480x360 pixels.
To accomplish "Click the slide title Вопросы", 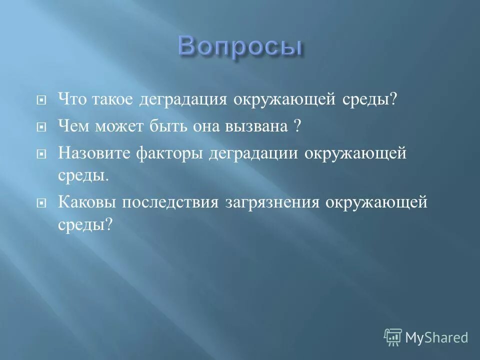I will pyautogui.click(x=240, y=47).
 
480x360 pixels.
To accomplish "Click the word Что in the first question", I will pyautogui.click(x=74, y=99).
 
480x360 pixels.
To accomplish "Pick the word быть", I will pyautogui.click(x=167, y=126).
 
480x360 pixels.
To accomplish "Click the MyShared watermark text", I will pyautogui.click(x=436, y=337).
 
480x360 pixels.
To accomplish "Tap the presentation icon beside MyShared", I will pyautogui.click(x=392, y=337).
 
